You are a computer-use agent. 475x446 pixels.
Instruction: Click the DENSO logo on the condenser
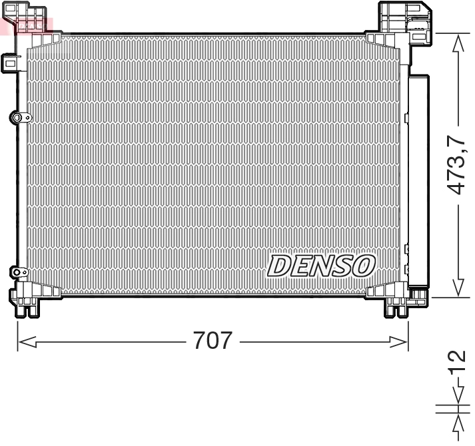321,266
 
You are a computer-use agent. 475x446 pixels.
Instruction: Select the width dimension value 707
213,341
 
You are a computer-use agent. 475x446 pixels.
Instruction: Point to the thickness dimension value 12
456,366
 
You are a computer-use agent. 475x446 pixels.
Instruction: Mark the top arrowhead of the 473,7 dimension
458,42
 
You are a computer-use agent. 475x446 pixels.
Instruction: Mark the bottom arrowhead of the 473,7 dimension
458,288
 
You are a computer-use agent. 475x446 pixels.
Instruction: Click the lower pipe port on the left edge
18,272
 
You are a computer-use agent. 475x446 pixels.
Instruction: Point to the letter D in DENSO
278,266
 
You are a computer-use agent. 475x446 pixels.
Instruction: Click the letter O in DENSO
363,266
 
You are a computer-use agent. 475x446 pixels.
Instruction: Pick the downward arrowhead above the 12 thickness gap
458,397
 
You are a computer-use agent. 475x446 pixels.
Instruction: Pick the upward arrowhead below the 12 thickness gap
458,423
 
